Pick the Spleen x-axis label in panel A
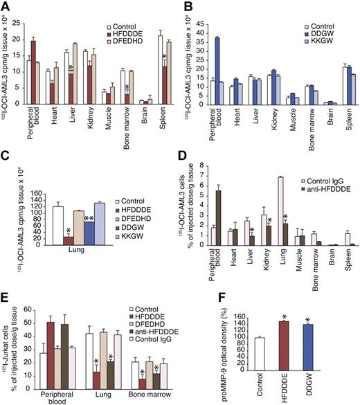(x=164, y=119)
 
